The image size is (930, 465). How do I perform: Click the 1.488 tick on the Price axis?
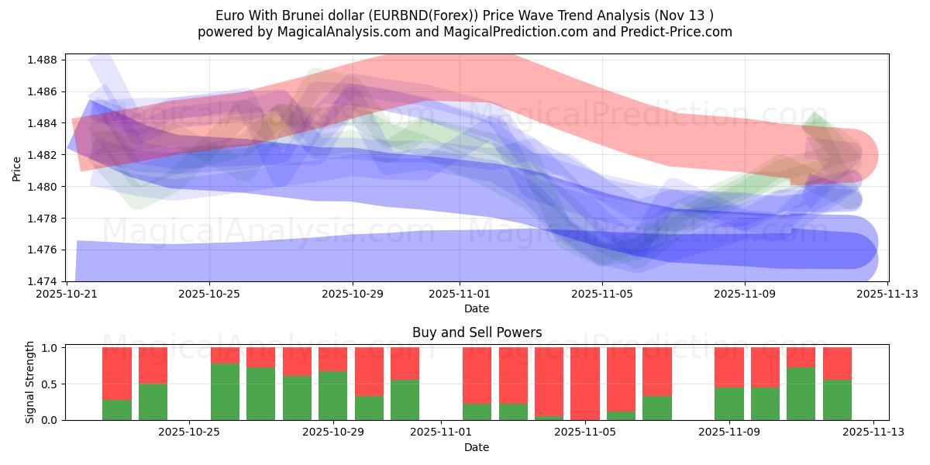pos(45,60)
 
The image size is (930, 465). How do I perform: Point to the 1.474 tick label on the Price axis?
pos(45,281)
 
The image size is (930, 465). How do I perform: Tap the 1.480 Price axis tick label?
pos(45,187)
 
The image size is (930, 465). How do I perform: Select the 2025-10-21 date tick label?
pos(66,294)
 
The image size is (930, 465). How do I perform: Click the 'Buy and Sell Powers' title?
pos(477,332)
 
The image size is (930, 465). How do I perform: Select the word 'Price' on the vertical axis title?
pos(17,168)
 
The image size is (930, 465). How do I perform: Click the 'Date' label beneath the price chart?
pos(477,308)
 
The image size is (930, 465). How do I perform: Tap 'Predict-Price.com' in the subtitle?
pos(670,32)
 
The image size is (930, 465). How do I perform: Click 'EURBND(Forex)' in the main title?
pos(408,15)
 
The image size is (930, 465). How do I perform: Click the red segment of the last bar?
pos(837,363)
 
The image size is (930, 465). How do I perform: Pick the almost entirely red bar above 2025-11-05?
pos(584,384)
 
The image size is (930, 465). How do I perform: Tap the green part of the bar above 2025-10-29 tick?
pos(332,395)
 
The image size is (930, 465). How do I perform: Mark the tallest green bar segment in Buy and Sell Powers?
pos(225,391)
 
